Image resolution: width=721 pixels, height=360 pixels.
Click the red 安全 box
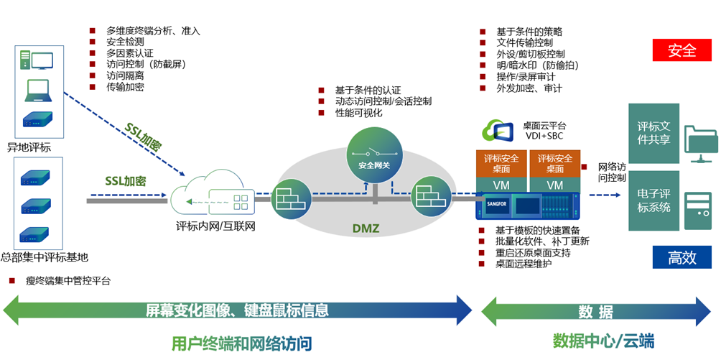pos(682,50)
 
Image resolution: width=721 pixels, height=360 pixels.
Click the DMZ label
pos(366,229)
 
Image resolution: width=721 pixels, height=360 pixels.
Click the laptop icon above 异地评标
pos(37,88)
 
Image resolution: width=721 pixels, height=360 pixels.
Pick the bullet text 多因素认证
pos(129,53)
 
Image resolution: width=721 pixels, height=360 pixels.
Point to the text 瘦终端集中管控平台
pos(68,281)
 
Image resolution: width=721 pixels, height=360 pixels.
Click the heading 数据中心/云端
pos(603,340)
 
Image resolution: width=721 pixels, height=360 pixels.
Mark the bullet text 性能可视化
pos(358,113)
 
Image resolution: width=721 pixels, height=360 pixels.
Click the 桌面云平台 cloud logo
pos(500,130)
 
